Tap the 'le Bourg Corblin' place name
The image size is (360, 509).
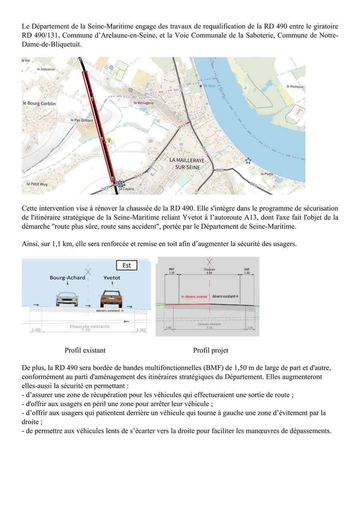[39, 104]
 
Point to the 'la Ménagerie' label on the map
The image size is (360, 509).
[144, 102]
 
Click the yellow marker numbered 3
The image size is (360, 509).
[108, 141]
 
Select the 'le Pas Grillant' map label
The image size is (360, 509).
[82, 120]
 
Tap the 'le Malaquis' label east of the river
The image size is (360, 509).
[295, 86]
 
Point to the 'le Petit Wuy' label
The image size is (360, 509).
[37, 184]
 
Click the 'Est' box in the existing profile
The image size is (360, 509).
[126, 265]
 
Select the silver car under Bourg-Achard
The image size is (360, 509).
[67, 299]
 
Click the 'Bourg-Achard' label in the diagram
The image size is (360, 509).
[67, 277]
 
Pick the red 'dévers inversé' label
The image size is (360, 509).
[194, 297]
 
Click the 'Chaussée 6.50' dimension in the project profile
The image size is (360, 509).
[209, 271]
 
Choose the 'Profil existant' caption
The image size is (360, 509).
[85, 350]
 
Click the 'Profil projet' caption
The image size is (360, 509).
[211, 350]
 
